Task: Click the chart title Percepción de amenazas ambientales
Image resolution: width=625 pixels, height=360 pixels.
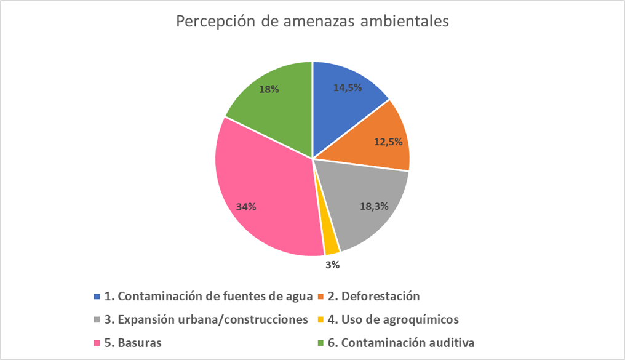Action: tap(312, 22)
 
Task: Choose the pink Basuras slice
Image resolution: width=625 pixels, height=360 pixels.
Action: tap(265, 191)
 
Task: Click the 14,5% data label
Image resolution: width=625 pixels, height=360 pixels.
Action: tap(348, 88)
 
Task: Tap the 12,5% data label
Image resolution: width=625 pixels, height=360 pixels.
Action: tap(388, 142)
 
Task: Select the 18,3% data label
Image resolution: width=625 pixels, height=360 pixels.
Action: tap(374, 207)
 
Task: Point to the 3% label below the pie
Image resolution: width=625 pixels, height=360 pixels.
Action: tap(333, 266)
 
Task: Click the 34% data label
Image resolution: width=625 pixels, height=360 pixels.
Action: tap(246, 207)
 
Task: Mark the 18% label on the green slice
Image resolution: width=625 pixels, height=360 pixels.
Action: tap(269, 89)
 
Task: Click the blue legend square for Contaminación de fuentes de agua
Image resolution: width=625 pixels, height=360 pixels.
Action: tap(97, 297)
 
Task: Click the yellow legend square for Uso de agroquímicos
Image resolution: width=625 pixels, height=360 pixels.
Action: tap(320, 320)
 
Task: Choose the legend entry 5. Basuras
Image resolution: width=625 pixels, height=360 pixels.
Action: tap(133, 342)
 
